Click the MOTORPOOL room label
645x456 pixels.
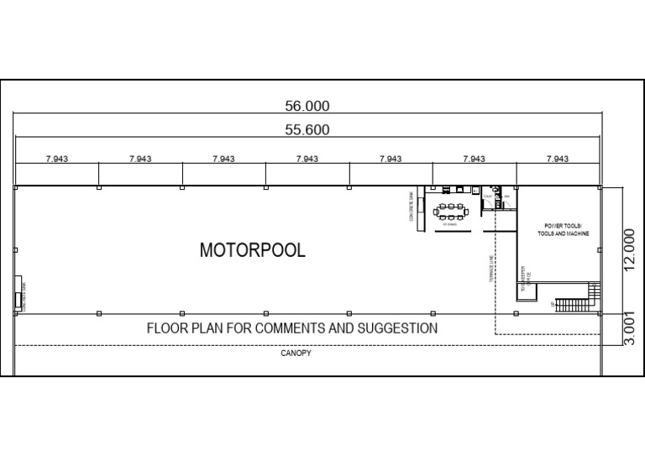pos(252,250)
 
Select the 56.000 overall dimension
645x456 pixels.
pos(308,107)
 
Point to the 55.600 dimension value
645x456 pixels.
pos(307,130)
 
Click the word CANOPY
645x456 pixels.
pos(296,354)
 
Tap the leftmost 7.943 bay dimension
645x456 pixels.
pos(57,159)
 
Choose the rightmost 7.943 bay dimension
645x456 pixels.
pos(558,159)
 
